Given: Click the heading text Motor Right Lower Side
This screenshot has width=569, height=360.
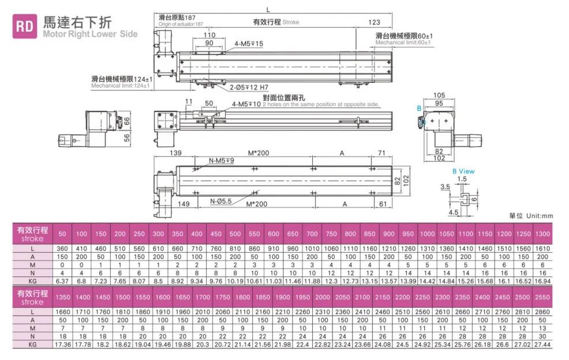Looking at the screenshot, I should click(x=90, y=34).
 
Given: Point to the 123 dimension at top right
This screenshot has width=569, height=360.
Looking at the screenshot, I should click(x=374, y=22).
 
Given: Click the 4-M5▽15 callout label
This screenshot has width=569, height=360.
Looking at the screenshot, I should click(x=249, y=44).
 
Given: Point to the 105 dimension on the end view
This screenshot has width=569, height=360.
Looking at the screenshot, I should click(x=439, y=95).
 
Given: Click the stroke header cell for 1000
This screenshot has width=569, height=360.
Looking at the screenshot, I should click(x=428, y=234).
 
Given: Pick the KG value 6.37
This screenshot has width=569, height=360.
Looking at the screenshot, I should click(x=62, y=281).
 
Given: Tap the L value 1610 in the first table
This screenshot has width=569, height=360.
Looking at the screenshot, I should click(x=542, y=248).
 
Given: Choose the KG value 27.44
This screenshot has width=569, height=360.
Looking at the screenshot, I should click(x=542, y=344).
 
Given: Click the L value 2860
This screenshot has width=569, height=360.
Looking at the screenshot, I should click(x=542, y=311).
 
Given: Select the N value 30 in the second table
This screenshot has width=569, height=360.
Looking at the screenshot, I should click(x=542, y=336).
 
